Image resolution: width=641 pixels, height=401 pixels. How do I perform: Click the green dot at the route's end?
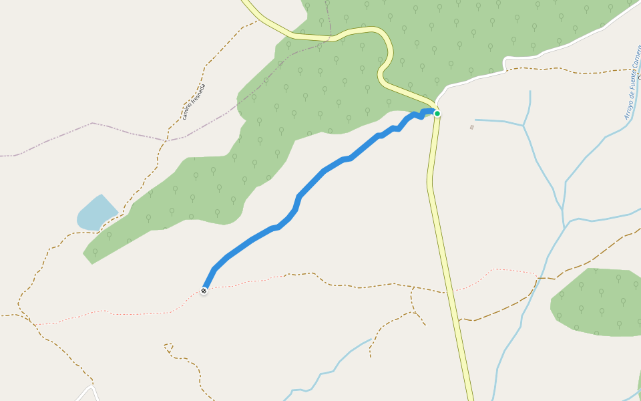(x=437, y=114)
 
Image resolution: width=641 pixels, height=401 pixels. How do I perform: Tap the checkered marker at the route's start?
(x=204, y=291)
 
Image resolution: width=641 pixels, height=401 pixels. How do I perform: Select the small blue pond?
(x=95, y=214)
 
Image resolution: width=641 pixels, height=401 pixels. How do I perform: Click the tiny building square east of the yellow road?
(x=472, y=126)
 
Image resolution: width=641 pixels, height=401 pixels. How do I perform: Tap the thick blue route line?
(x=314, y=180)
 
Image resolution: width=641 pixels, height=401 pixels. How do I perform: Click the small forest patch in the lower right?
(x=594, y=301)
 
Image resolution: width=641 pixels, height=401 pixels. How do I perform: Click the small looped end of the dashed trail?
(x=168, y=348)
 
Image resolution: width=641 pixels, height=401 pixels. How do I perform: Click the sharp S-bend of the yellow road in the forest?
(x=384, y=67)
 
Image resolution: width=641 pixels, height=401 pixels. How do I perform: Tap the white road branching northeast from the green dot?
(x=481, y=77)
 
